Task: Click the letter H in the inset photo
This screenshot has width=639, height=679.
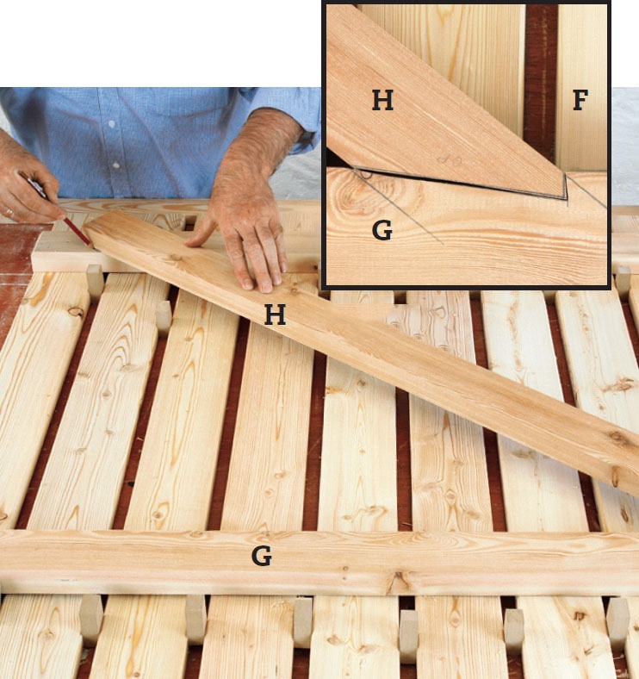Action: click(x=382, y=101)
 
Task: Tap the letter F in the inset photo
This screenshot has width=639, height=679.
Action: click(x=580, y=100)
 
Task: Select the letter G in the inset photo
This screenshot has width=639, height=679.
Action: click(x=382, y=230)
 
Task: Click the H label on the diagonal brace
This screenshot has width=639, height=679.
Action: click(x=276, y=315)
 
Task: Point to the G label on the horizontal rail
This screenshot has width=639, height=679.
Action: click(x=262, y=556)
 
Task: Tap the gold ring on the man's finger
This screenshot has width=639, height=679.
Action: click(x=9, y=213)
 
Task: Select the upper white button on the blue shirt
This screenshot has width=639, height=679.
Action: click(x=112, y=124)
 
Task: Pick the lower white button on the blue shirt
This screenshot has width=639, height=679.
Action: click(x=115, y=165)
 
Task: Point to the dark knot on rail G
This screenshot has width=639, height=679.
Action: click(x=396, y=578)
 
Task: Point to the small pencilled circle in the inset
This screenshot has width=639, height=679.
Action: click(x=366, y=174)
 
